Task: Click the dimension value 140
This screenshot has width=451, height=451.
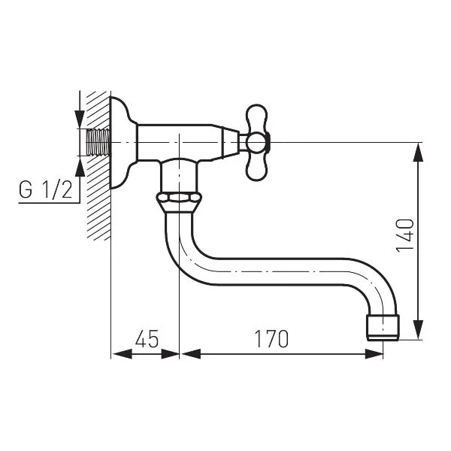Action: point(405,236)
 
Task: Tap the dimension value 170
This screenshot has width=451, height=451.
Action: point(271,338)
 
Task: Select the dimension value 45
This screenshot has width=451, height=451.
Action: point(147,338)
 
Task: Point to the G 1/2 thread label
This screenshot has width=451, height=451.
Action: point(45,189)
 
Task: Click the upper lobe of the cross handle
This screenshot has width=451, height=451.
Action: point(257,118)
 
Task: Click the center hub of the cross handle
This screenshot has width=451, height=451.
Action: point(257,143)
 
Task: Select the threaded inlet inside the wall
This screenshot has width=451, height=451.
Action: point(98,142)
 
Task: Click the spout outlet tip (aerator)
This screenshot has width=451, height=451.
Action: point(383,328)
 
